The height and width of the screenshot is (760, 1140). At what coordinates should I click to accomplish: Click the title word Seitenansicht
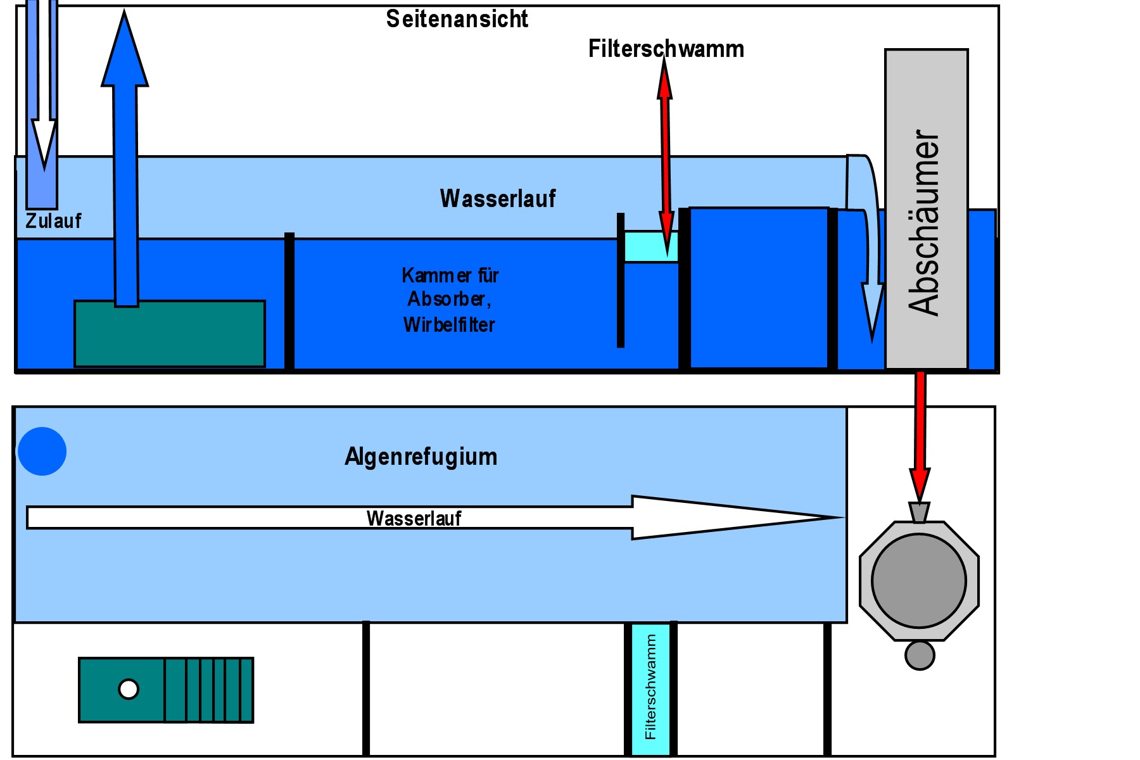pyautogui.click(x=457, y=19)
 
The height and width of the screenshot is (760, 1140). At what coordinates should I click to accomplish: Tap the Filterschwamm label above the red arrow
pyautogui.click(x=666, y=49)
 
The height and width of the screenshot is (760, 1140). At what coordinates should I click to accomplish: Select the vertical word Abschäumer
pyautogui.click(x=924, y=222)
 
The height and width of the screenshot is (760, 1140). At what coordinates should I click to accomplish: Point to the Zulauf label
pyautogui.click(x=53, y=221)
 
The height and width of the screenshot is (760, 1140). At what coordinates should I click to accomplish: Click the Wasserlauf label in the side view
pyautogui.click(x=498, y=198)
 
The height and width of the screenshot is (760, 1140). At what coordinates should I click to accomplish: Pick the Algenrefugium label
pyautogui.click(x=421, y=457)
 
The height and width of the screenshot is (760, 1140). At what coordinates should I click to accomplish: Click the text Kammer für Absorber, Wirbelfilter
pyautogui.click(x=450, y=300)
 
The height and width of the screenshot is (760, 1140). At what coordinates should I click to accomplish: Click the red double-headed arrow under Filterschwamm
pyautogui.click(x=665, y=158)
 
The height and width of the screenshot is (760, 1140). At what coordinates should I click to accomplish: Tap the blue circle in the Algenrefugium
pyautogui.click(x=42, y=452)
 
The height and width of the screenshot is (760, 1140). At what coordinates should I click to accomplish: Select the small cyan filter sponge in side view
pyautogui.click(x=651, y=247)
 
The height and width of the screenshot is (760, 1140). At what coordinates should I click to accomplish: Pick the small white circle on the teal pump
pyautogui.click(x=129, y=689)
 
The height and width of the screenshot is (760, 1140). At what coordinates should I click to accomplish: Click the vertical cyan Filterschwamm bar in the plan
pyautogui.click(x=650, y=689)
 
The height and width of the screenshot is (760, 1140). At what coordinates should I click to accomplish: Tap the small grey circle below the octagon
pyautogui.click(x=920, y=655)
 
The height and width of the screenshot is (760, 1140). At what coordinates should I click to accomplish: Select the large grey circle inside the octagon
pyautogui.click(x=918, y=580)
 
